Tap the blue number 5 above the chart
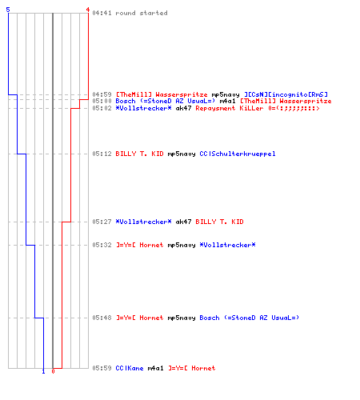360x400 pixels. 8,10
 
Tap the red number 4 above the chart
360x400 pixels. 88,10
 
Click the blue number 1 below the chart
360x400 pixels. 43,371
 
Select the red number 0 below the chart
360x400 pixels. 53,371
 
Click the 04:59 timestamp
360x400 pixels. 102,94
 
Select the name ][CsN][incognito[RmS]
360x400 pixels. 286,94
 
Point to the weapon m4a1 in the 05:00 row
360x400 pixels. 227,101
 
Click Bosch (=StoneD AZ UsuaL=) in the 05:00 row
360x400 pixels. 166,101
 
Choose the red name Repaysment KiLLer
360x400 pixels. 230,108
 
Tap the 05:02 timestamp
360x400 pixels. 102,108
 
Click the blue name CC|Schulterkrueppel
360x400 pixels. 238,154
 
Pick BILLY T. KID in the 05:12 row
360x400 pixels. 139,154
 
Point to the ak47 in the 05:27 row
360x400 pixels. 183,222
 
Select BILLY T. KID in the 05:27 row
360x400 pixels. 219,222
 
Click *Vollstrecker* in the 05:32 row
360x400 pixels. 227,245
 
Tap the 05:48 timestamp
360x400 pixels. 102,318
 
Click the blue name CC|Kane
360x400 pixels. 130,368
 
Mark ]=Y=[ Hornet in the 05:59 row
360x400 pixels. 191,368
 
